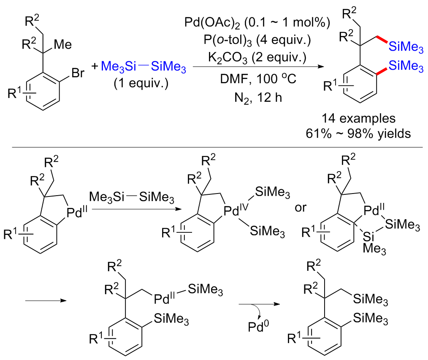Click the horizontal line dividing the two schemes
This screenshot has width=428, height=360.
pos(214,147)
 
